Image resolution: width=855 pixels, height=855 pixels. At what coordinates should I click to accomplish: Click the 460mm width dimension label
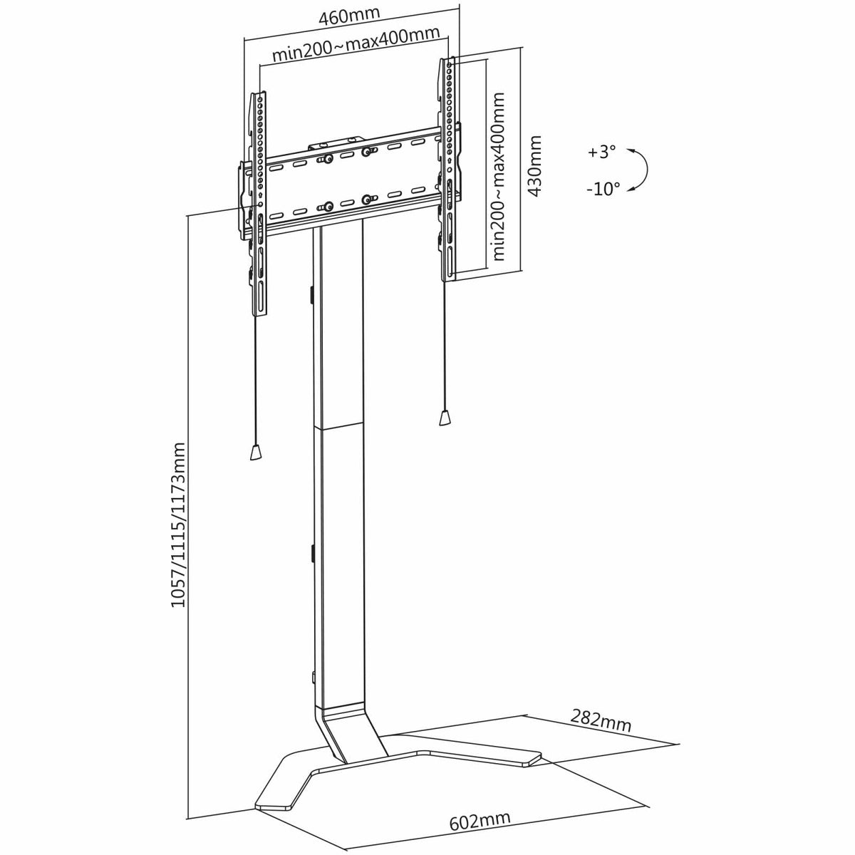[x=350, y=15]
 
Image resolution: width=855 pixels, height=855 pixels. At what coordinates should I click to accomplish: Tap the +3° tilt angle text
[x=601, y=152]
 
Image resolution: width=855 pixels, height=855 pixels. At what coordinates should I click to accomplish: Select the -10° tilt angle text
[x=603, y=189]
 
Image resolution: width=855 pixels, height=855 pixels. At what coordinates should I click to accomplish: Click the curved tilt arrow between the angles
[x=646, y=170]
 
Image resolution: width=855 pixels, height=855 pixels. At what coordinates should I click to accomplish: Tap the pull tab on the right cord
[x=445, y=417]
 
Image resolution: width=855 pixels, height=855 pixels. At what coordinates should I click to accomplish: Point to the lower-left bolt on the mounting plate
[x=328, y=207]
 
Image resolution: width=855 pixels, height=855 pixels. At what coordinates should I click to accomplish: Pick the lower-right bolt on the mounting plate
[x=366, y=199]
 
